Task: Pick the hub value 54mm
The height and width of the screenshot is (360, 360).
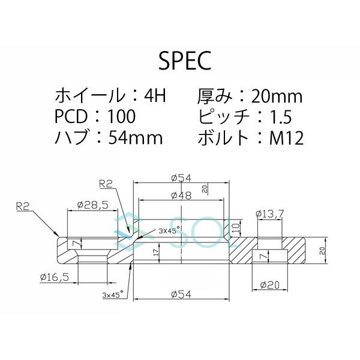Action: pos(136,138)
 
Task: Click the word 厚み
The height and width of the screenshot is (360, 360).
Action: pos(214,95)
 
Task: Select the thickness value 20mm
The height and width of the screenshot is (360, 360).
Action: pos(277,95)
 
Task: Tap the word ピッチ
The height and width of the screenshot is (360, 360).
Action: pos(223,116)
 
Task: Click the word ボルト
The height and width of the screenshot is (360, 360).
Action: pos(223,138)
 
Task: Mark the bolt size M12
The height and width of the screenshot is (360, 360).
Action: pos(286,138)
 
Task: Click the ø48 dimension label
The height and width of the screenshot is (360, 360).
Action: pos(181,196)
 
